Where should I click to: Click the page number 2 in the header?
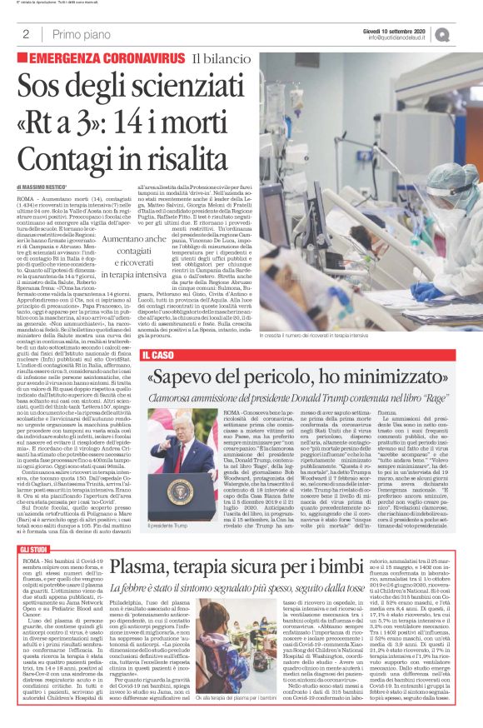click(27, 34)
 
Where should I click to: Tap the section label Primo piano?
click(80, 34)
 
